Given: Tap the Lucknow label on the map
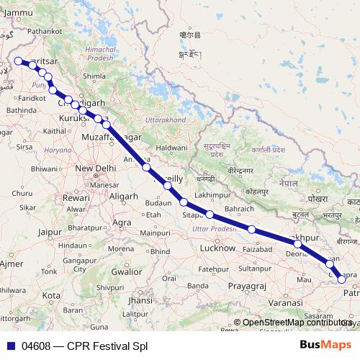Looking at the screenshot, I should click(x=217, y=248).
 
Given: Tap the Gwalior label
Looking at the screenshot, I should click(x=126, y=272).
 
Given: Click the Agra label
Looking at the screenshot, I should click(x=122, y=222).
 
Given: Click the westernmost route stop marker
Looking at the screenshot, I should click(x=18, y=61).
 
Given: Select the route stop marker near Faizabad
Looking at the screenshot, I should click(x=252, y=229).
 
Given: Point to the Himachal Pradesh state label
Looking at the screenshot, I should click(x=101, y=53).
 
